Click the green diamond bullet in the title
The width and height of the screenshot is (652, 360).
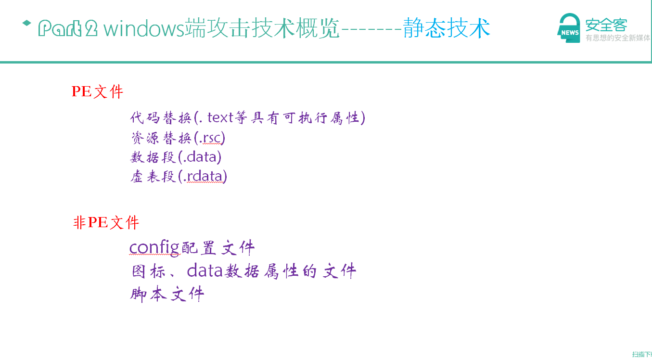(x=26, y=23)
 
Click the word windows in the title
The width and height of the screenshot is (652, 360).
(x=144, y=28)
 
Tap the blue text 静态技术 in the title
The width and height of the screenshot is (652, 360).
(x=447, y=28)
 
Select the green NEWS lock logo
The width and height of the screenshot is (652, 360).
(x=569, y=28)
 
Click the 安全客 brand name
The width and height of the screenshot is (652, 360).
(x=606, y=25)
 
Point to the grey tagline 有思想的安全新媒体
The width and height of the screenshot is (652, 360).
(x=618, y=38)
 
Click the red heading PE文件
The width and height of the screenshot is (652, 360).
(x=98, y=91)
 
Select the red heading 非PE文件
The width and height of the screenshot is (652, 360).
(x=106, y=223)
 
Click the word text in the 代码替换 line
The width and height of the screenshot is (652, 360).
(x=220, y=117)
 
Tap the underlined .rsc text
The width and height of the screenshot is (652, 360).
(x=211, y=138)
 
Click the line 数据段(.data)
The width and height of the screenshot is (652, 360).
(x=176, y=157)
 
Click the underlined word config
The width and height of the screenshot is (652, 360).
(x=154, y=248)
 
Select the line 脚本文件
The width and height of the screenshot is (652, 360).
(x=167, y=294)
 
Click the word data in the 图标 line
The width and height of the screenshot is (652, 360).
(x=205, y=270)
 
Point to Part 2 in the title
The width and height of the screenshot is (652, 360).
(x=68, y=28)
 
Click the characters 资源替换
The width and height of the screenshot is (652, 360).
(x=161, y=138)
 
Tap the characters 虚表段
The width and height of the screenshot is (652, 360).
(x=153, y=176)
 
